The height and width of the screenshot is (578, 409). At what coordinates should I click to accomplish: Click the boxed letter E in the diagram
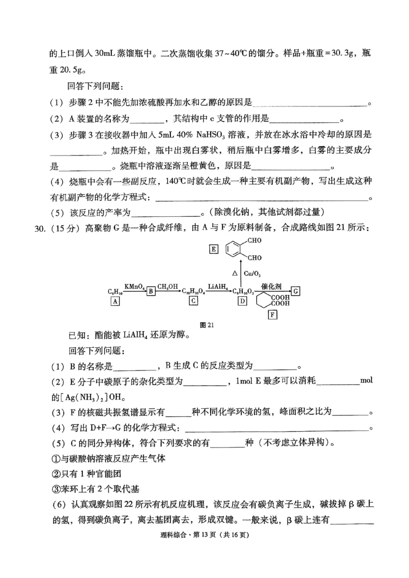click(x=213, y=250)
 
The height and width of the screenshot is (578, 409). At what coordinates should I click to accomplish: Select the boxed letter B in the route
click(x=151, y=292)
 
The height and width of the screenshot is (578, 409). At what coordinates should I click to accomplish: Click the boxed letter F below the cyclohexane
click(x=272, y=315)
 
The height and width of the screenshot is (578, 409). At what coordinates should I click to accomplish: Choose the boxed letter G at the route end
click(x=296, y=291)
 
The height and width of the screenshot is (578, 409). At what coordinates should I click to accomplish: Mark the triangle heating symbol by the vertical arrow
click(x=234, y=274)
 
